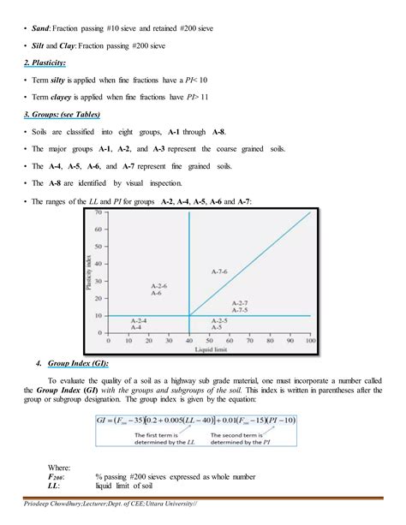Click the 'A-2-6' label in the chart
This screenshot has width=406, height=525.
click(159, 286)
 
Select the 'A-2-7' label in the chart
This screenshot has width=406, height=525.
click(241, 303)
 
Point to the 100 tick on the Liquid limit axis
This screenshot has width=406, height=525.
click(310, 340)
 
